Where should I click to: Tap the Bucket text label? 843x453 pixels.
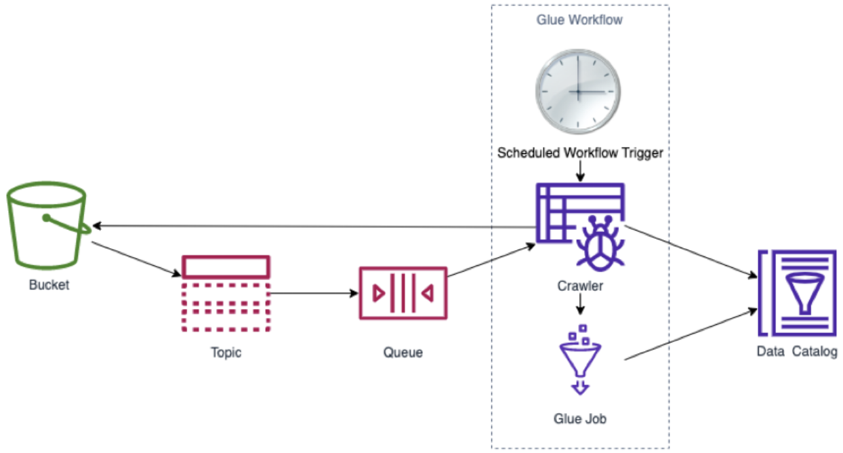tap(49, 285)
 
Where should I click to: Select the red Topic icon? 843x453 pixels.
tap(226, 294)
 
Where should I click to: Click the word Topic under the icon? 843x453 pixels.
tap(226, 353)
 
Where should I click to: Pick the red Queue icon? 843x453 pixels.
tap(403, 293)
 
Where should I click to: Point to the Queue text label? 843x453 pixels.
tap(403, 352)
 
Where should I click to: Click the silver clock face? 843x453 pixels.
tap(577, 92)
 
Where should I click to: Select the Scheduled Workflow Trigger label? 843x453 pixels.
tap(580, 153)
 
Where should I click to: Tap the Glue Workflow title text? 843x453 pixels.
tap(579, 20)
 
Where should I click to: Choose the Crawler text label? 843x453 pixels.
tap(580, 286)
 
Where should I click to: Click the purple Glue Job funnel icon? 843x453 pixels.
tap(580, 359)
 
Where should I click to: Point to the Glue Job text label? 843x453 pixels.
tap(580, 418)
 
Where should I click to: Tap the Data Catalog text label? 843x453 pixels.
tap(797, 352)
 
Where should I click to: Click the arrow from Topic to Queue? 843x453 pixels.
tap(313, 294)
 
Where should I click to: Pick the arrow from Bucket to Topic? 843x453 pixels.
tap(136, 258)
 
